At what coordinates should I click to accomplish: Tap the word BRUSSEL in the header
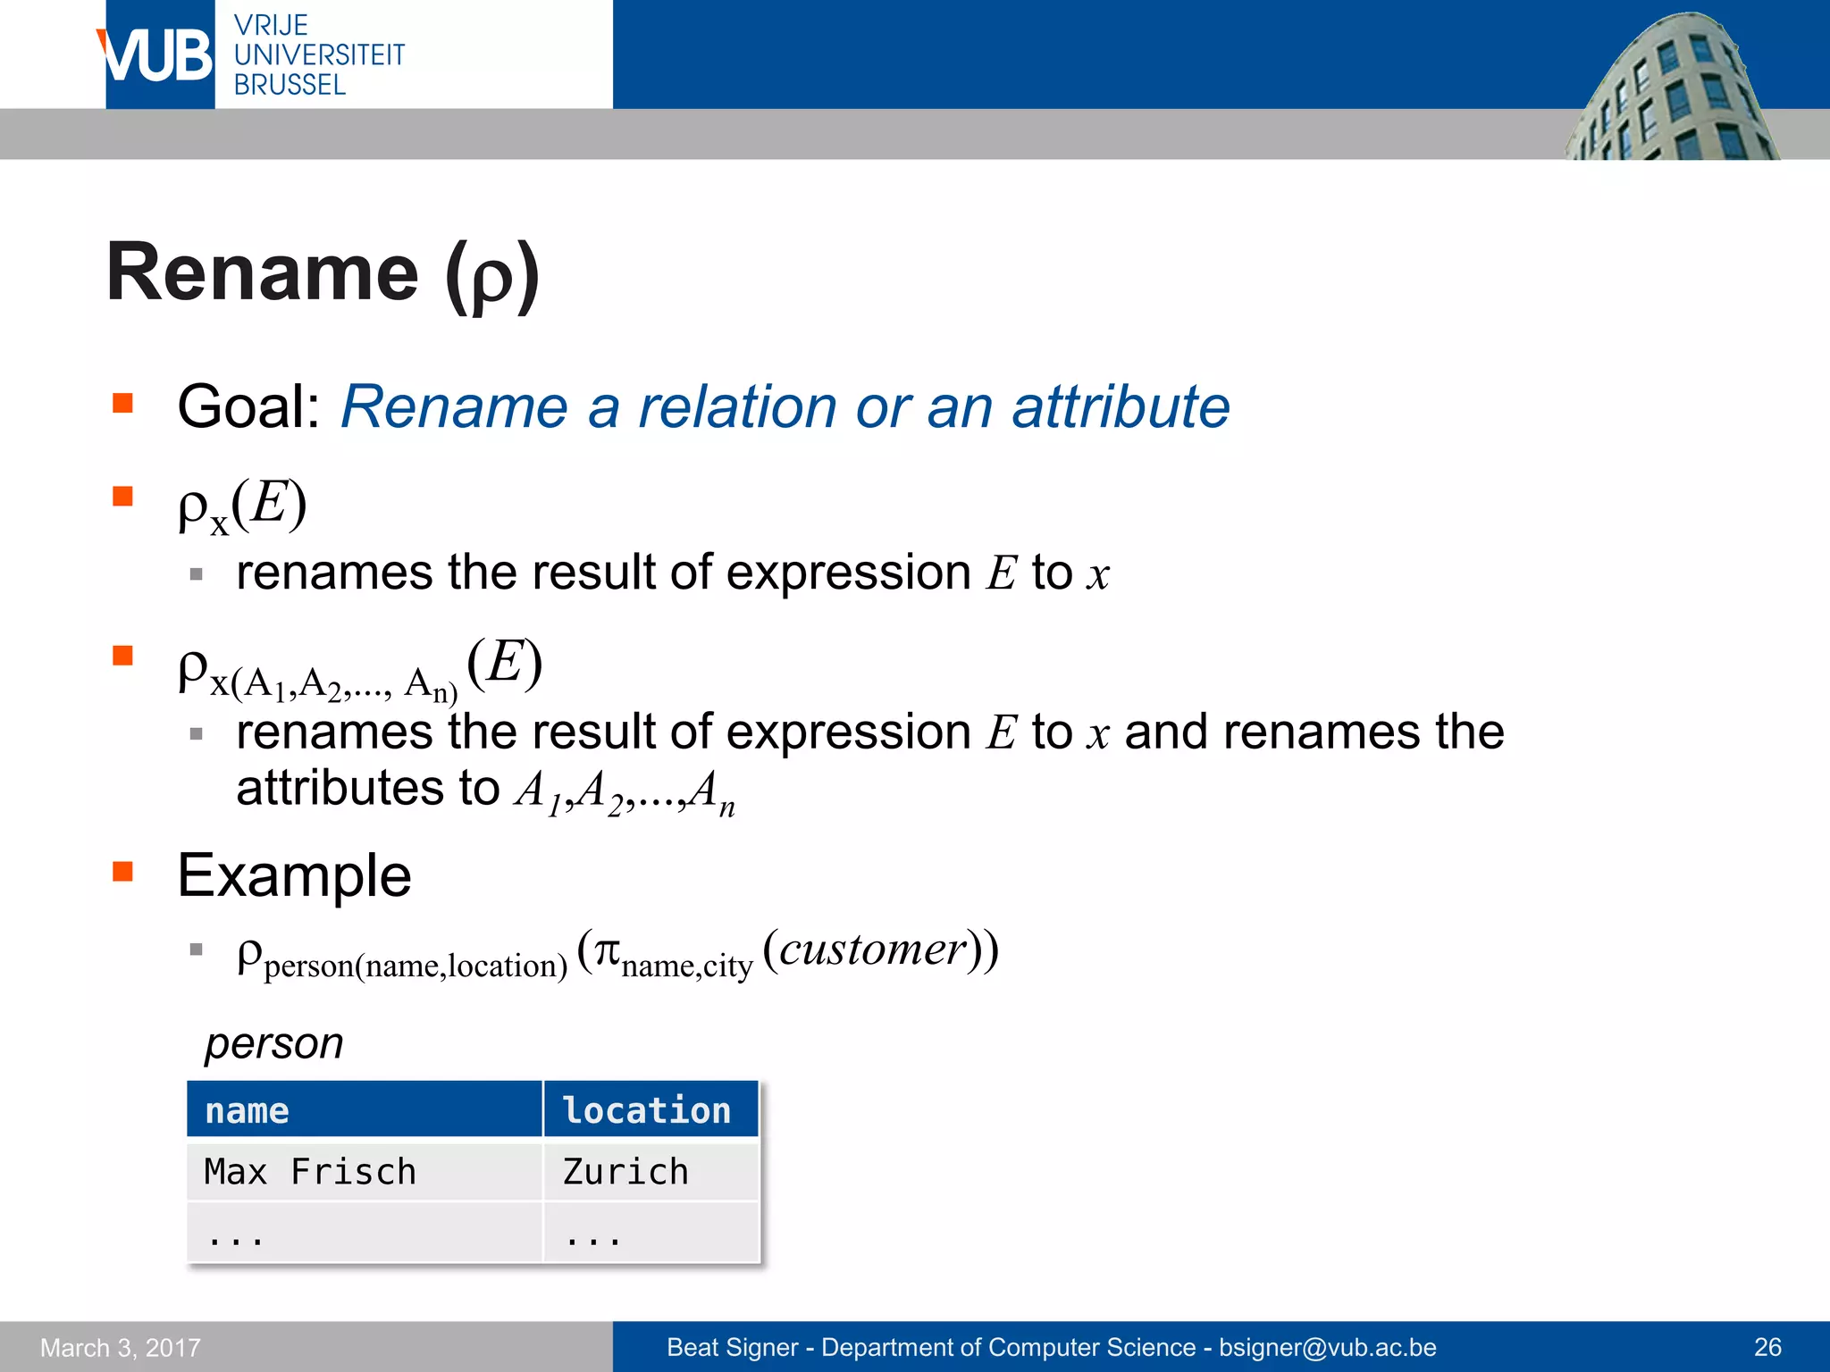coord(290,85)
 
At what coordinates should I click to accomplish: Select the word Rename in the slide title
coord(262,272)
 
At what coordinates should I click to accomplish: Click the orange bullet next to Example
coord(122,871)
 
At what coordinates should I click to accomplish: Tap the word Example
coord(294,875)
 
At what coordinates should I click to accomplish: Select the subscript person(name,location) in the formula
coord(416,966)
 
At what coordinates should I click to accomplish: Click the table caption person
coord(273,1042)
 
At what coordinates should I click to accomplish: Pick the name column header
coord(248,1110)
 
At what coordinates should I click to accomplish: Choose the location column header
coord(647,1110)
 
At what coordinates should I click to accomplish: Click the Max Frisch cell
coord(310,1171)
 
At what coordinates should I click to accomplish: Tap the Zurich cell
coord(625,1171)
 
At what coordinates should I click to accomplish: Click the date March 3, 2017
coord(121,1347)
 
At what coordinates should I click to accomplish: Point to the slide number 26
coord(1767,1347)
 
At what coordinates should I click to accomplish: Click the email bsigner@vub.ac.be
coord(1328,1347)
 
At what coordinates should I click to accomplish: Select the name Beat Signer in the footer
coord(732,1347)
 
